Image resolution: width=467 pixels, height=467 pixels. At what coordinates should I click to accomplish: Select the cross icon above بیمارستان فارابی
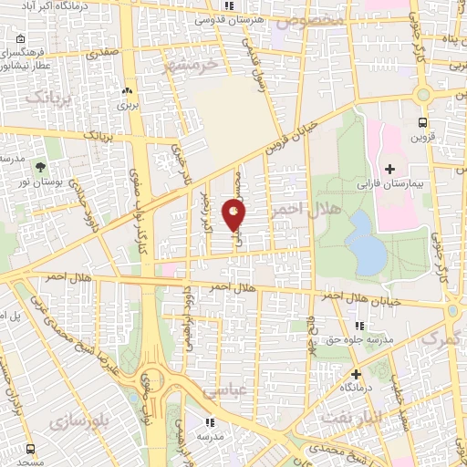coord(390,169)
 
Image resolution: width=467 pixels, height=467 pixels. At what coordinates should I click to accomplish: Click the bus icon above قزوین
coord(422,121)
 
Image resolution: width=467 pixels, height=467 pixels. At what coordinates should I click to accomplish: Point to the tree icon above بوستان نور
coord(41,167)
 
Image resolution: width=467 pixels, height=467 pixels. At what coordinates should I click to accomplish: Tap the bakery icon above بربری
coord(127,91)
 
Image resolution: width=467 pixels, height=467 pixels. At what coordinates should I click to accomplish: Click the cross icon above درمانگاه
coord(356,373)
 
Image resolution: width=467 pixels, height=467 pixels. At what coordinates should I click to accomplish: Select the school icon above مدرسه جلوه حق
coord(359,326)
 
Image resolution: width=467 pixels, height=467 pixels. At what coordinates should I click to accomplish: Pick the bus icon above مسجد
coord(31,449)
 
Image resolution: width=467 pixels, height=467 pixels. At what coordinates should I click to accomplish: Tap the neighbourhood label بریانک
coord(47,97)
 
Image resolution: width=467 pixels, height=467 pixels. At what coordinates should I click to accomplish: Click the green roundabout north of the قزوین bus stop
coord(423,94)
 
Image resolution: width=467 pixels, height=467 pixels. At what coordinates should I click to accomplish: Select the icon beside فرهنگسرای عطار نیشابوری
coord(18,39)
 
